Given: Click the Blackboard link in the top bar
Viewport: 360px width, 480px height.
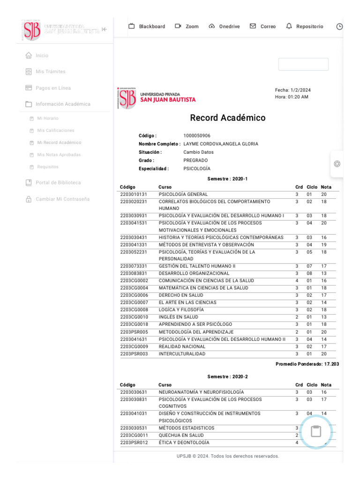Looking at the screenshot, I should click(147, 27).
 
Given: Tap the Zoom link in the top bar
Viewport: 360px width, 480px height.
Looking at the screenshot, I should click(187, 27).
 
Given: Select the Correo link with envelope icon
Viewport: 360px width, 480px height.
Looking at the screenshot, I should click(263, 27).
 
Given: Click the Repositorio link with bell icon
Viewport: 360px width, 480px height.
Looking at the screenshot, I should click(305, 27).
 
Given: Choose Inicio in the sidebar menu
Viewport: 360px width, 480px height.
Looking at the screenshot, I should click(42, 55).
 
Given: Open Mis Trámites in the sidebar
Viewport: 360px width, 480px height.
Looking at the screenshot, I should click(50, 72).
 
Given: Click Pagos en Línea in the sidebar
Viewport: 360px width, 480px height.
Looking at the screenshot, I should click(53, 88).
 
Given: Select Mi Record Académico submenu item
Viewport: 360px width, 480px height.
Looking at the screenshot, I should click(59, 142).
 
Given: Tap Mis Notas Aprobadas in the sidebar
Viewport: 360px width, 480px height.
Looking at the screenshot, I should click(59, 155).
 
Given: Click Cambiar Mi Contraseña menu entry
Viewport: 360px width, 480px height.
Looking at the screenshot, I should click(62, 199).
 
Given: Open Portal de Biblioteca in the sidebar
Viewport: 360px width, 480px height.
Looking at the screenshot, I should click(58, 183).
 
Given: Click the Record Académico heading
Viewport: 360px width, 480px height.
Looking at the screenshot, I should click(227, 118).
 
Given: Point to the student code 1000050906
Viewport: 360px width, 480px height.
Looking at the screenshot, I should click(196, 136).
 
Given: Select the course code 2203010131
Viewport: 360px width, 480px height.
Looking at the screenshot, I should click(133, 195).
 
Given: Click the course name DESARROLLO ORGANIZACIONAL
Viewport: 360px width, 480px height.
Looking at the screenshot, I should click(194, 274).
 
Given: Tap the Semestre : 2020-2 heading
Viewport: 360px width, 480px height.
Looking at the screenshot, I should click(227, 377).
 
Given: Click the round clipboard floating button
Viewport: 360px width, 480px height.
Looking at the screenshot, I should click(316, 431).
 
